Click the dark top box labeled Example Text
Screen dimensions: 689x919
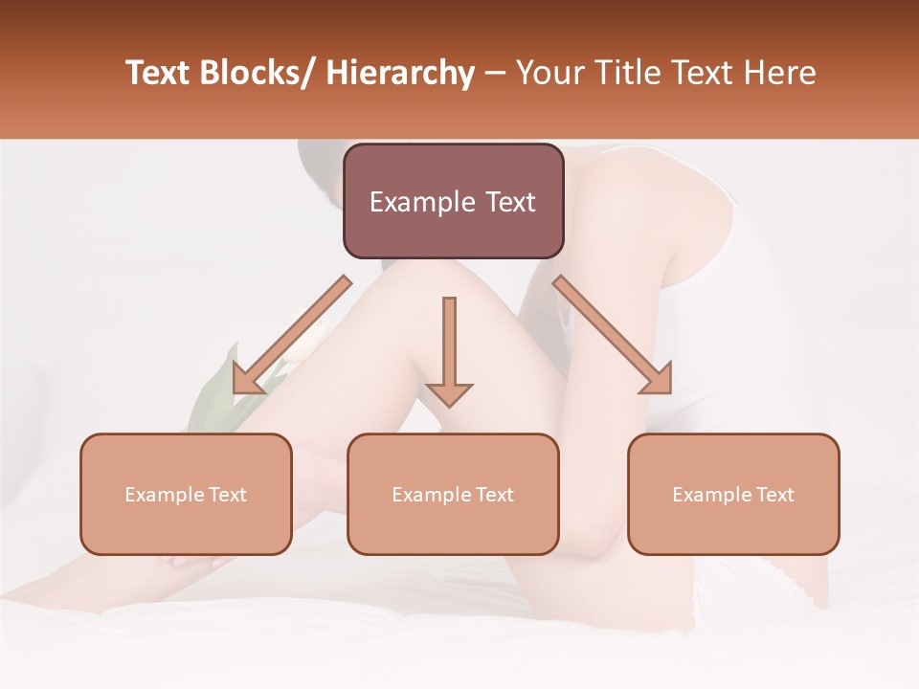453,201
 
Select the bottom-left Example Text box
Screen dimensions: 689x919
186,494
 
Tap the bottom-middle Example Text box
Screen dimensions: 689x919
453,494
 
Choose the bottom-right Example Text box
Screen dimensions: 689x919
733,494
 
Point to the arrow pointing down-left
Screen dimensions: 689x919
292,335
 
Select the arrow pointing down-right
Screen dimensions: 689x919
613,335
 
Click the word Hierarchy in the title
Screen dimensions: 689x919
400,73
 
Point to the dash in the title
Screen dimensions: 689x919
495,73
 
